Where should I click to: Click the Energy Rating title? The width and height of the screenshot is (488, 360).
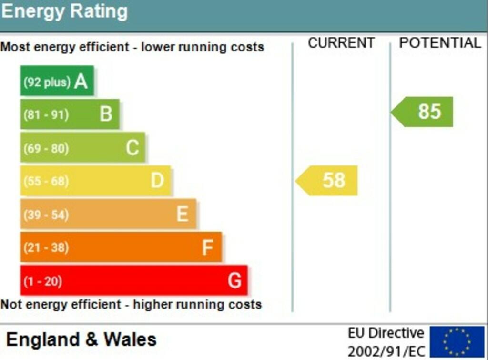64,11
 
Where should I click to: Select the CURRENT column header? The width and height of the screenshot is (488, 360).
341,42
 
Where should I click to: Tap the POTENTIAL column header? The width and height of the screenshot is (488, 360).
440,42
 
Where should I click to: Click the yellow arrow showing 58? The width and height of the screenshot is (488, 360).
326,181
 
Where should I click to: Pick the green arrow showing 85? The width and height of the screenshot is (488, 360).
422,112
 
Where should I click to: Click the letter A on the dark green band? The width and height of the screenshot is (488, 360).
81,81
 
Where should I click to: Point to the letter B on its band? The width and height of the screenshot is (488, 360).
106,114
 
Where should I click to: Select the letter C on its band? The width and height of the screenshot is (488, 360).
132,147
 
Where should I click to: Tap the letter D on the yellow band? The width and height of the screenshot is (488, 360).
157,180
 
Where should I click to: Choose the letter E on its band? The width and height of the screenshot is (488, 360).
183,214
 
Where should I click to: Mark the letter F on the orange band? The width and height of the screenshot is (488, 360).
208,247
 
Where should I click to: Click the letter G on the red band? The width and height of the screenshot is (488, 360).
234,280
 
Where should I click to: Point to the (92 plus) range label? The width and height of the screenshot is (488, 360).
47,82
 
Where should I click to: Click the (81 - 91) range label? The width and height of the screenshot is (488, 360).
46,115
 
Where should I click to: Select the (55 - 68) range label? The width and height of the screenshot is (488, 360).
46,181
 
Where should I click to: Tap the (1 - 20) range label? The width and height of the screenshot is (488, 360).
43,281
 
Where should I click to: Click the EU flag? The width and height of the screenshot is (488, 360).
457,341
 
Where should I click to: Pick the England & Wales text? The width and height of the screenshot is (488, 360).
81,339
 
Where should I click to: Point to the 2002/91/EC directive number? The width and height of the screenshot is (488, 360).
386,352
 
